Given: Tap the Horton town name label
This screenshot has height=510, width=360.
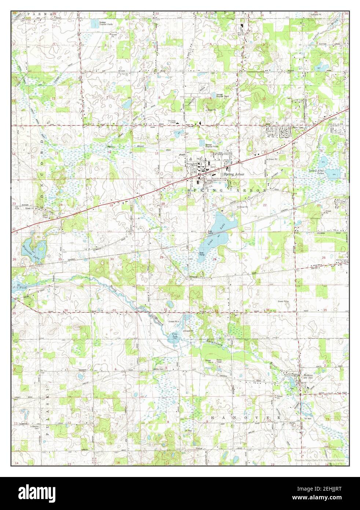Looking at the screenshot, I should coord(307,375).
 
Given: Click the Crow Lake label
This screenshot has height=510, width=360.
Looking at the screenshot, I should coord(175,335).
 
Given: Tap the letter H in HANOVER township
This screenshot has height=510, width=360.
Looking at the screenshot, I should coord(214,418).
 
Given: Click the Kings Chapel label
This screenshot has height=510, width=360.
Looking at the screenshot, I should coord(172,122).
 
